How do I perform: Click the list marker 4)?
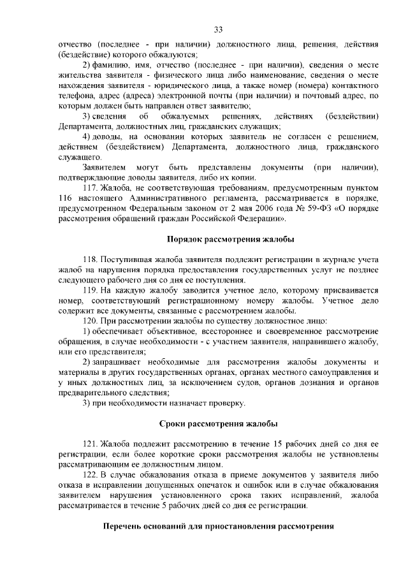[x=89, y=138]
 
